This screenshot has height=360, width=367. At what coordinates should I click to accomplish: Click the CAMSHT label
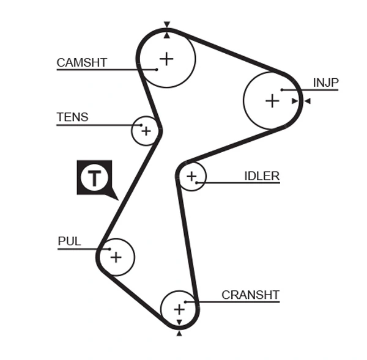coord(81,62)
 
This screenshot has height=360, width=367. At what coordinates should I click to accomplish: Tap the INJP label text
coord(325,83)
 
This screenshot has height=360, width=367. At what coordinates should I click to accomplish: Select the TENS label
coord(72,117)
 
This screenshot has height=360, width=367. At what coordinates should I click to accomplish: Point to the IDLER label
coord(261,176)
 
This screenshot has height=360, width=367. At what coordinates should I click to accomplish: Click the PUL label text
coord(69,241)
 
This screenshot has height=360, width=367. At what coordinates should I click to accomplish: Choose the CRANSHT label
coord(250,295)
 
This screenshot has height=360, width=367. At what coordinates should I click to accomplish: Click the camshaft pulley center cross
coord(166,59)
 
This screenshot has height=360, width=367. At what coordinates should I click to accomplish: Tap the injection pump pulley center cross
coord(272,101)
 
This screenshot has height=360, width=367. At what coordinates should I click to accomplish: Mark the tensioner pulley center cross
coord(146,131)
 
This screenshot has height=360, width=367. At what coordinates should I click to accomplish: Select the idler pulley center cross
coord(191,177)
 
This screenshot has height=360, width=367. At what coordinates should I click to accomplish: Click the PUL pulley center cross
coord(116,257)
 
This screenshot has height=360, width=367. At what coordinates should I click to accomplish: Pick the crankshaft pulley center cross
coord(179,309)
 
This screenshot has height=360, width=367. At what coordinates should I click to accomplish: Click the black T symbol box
coord(95,178)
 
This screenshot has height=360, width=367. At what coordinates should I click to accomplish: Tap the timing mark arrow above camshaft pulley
coord(166,25)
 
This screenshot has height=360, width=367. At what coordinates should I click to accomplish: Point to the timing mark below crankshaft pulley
coord(179,333)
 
